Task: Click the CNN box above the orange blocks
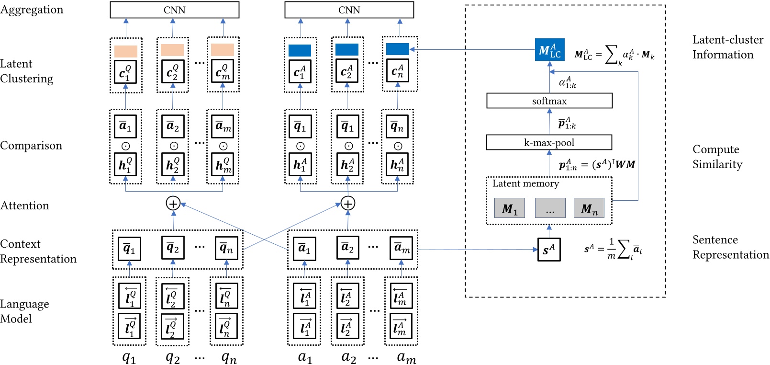pyautogui.click(x=174, y=10)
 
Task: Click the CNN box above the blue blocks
pyautogui.click(x=349, y=10)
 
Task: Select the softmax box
pyautogui.click(x=549, y=101)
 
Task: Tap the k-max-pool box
pyautogui.click(x=549, y=143)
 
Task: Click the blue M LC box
pyautogui.click(x=549, y=50)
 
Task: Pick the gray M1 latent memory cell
pyautogui.click(x=509, y=208)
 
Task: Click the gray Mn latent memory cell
pyautogui.click(x=589, y=208)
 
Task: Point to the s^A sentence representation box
pyautogui.click(x=549, y=250)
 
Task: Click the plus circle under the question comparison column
pyautogui.click(x=173, y=204)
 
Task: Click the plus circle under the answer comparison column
pyautogui.click(x=348, y=204)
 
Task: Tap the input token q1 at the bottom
pyautogui.click(x=129, y=357)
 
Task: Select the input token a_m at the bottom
pyautogui.click(x=406, y=357)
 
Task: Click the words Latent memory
pyautogui.click(x=525, y=183)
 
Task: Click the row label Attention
pyautogui.click(x=25, y=205)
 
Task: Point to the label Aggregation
pyautogui.click(x=32, y=10)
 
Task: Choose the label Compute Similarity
pyautogui.click(x=717, y=157)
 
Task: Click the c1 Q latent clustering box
pyautogui.click(x=125, y=72)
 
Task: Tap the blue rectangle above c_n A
pyautogui.click(x=397, y=49)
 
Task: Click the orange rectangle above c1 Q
pyautogui.click(x=126, y=51)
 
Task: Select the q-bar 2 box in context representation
pyautogui.click(x=173, y=248)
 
